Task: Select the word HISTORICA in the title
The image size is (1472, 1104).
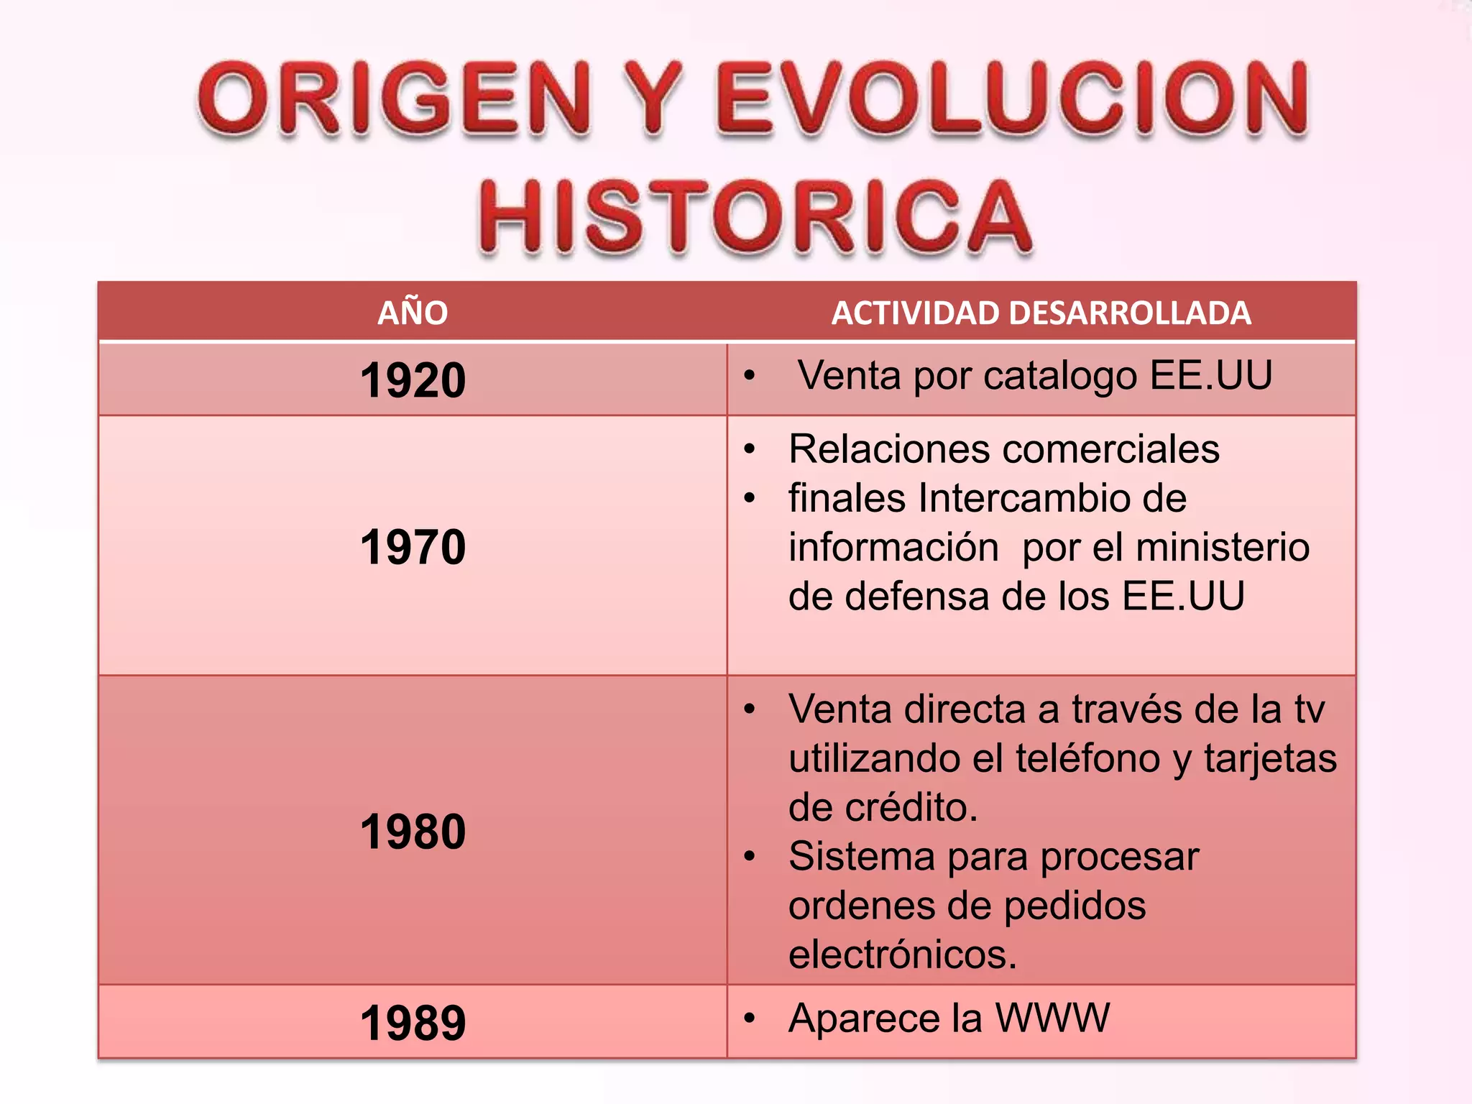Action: pos(755,217)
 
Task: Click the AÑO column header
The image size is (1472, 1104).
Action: pos(413,313)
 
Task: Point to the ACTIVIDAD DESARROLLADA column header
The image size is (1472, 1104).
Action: pos(1041,313)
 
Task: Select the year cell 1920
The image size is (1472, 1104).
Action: pos(413,380)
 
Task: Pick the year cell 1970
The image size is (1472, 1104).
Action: pos(413,547)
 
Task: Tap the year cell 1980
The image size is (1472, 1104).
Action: pos(413,832)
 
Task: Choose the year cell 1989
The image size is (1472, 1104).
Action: pos(413,1022)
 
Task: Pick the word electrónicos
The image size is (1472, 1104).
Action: pos(902,954)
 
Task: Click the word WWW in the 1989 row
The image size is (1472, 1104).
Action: pos(1052,1018)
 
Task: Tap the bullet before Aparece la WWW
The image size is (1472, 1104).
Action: pos(750,1018)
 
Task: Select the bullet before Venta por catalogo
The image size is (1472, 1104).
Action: pos(750,375)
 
